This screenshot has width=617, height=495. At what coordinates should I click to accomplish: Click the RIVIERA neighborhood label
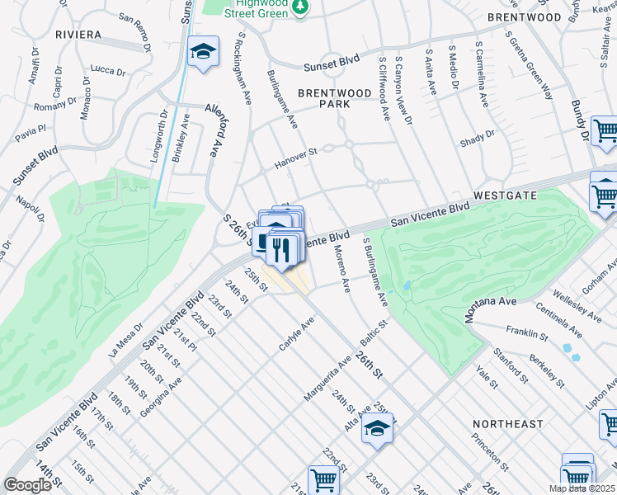78,35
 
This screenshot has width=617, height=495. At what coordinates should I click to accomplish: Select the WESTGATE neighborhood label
506,196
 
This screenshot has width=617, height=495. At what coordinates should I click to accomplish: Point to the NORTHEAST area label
508,423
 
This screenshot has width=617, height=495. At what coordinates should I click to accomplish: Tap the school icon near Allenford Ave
203,53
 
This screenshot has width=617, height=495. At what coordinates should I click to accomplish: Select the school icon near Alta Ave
377,428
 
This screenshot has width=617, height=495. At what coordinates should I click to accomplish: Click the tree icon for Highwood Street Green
302,7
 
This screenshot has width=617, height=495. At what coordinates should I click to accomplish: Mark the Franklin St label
527,333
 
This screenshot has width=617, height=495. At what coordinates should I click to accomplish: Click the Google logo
27,484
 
